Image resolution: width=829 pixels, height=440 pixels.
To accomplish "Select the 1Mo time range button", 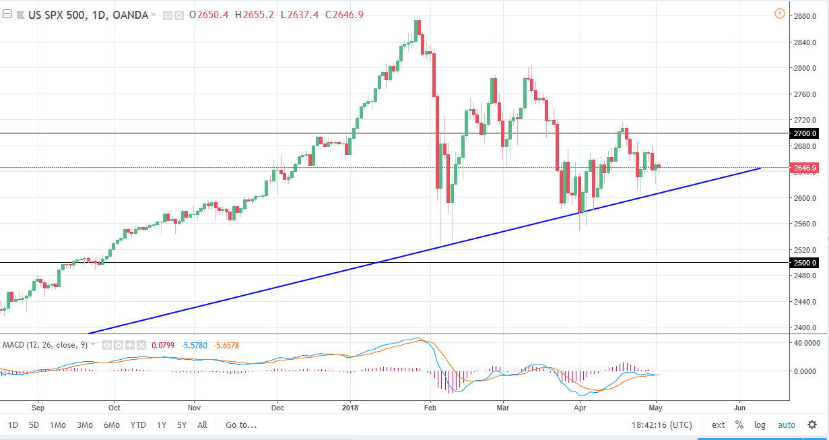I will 58,425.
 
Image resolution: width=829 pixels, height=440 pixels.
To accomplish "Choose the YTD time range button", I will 138,425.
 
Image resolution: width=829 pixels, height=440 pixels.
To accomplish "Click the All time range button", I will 202,425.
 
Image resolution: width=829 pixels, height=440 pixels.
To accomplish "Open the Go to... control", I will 241,425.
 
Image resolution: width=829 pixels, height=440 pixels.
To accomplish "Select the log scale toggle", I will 760,425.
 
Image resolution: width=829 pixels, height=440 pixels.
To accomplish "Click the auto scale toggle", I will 787,425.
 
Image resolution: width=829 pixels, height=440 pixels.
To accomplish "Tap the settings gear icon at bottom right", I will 812,425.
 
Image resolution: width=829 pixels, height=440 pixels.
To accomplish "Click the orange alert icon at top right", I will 780,13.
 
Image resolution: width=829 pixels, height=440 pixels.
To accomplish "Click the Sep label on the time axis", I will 38,408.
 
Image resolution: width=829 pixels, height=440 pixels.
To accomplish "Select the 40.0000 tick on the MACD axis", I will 806,343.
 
